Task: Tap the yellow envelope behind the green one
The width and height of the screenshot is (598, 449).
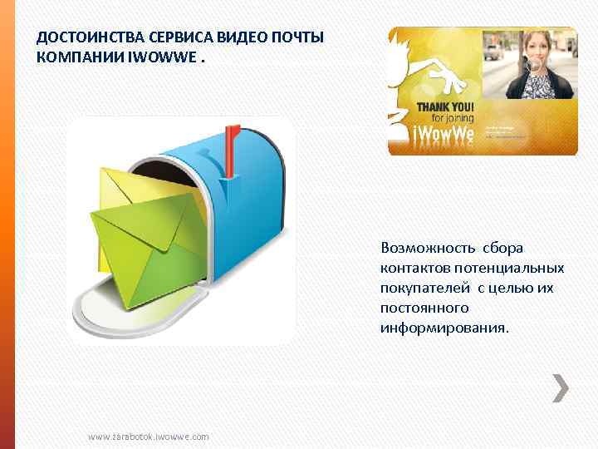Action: click(x=125, y=187)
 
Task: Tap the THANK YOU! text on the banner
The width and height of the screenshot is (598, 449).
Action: click(x=445, y=107)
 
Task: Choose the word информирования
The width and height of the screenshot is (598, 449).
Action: click(x=444, y=328)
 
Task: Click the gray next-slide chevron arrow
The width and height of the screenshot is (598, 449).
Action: click(x=561, y=387)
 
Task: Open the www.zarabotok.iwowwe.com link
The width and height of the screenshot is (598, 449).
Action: click(x=149, y=437)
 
